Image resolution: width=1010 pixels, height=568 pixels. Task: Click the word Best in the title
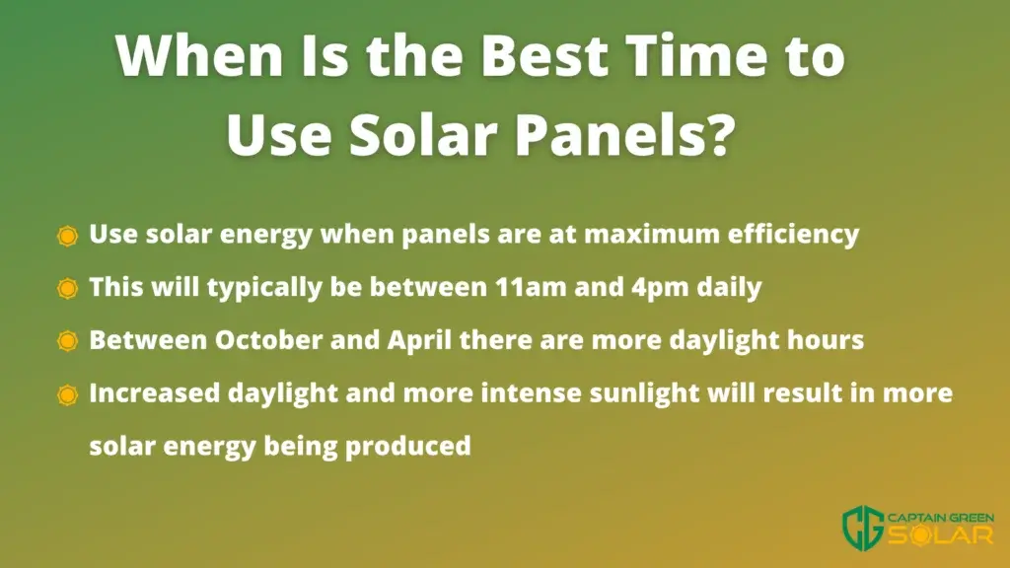[544, 55]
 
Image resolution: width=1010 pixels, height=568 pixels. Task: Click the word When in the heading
[199, 55]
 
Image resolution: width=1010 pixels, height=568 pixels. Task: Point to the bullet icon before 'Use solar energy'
[67, 236]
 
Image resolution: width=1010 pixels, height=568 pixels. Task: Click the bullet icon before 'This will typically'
[67, 289]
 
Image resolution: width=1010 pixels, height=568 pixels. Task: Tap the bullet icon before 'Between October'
[67, 341]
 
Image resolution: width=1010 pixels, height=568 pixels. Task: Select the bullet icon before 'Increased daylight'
[67, 394]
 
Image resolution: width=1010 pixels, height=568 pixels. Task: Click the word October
[268, 340]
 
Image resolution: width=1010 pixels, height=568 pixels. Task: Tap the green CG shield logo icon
[863, 528]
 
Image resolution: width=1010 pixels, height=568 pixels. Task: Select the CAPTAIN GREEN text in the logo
[940, 518]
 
